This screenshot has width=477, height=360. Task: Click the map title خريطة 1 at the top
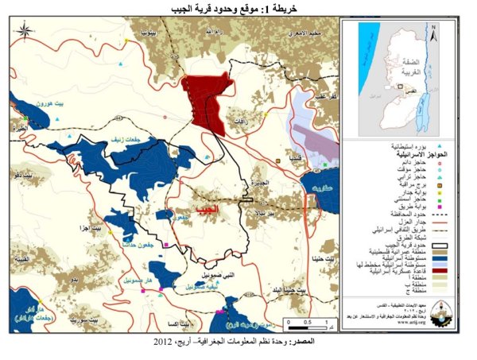[x=238, y=9]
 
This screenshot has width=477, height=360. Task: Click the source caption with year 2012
[x=238, y=342]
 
